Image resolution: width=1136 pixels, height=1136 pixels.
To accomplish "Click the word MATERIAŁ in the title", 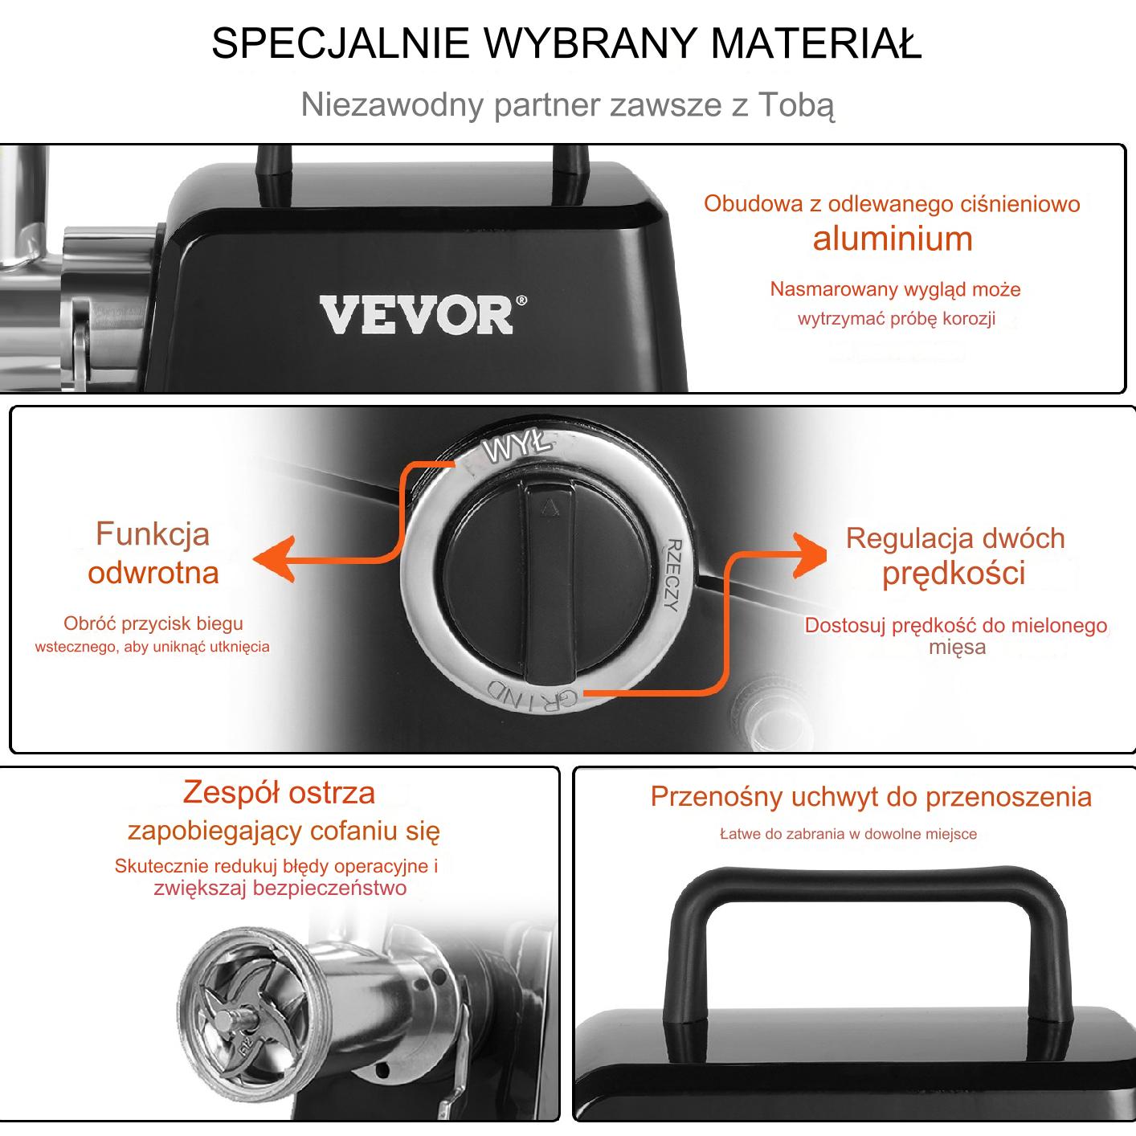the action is coord(816,43).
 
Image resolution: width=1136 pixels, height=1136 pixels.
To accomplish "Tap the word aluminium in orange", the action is coord(893,239).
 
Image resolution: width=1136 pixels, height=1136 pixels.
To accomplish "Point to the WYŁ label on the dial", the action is coord(517,446).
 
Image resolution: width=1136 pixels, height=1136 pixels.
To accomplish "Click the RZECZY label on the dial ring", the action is coord(673,574).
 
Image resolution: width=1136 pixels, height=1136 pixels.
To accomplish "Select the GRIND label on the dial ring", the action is coord(531,694).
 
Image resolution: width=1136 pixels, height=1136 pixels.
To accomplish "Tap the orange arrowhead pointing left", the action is coord(275,559).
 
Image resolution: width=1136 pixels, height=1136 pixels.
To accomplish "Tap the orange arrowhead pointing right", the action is coord(809,554).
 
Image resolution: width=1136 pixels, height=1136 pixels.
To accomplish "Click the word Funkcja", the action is coord(153,534).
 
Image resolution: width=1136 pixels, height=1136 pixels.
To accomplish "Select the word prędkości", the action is coord(954,573).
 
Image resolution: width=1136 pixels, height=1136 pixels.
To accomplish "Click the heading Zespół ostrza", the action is coord(279,792).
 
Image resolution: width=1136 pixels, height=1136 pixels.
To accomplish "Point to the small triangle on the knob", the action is coord(550,508).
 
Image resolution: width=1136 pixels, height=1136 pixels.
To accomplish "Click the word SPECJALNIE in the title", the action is coord(340,43).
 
